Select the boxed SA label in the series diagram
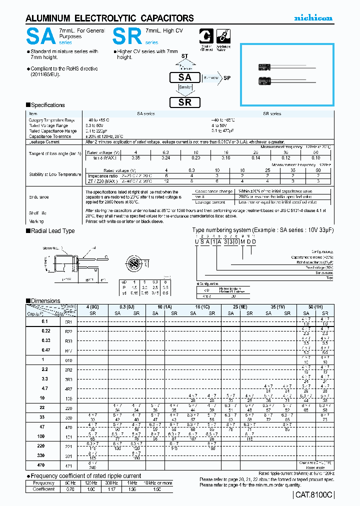tap(185, 77)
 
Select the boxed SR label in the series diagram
tap(185, 102)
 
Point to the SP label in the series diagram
tap(227, 78)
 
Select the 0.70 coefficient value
tap(70, 489)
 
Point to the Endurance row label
tap(39, 197)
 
